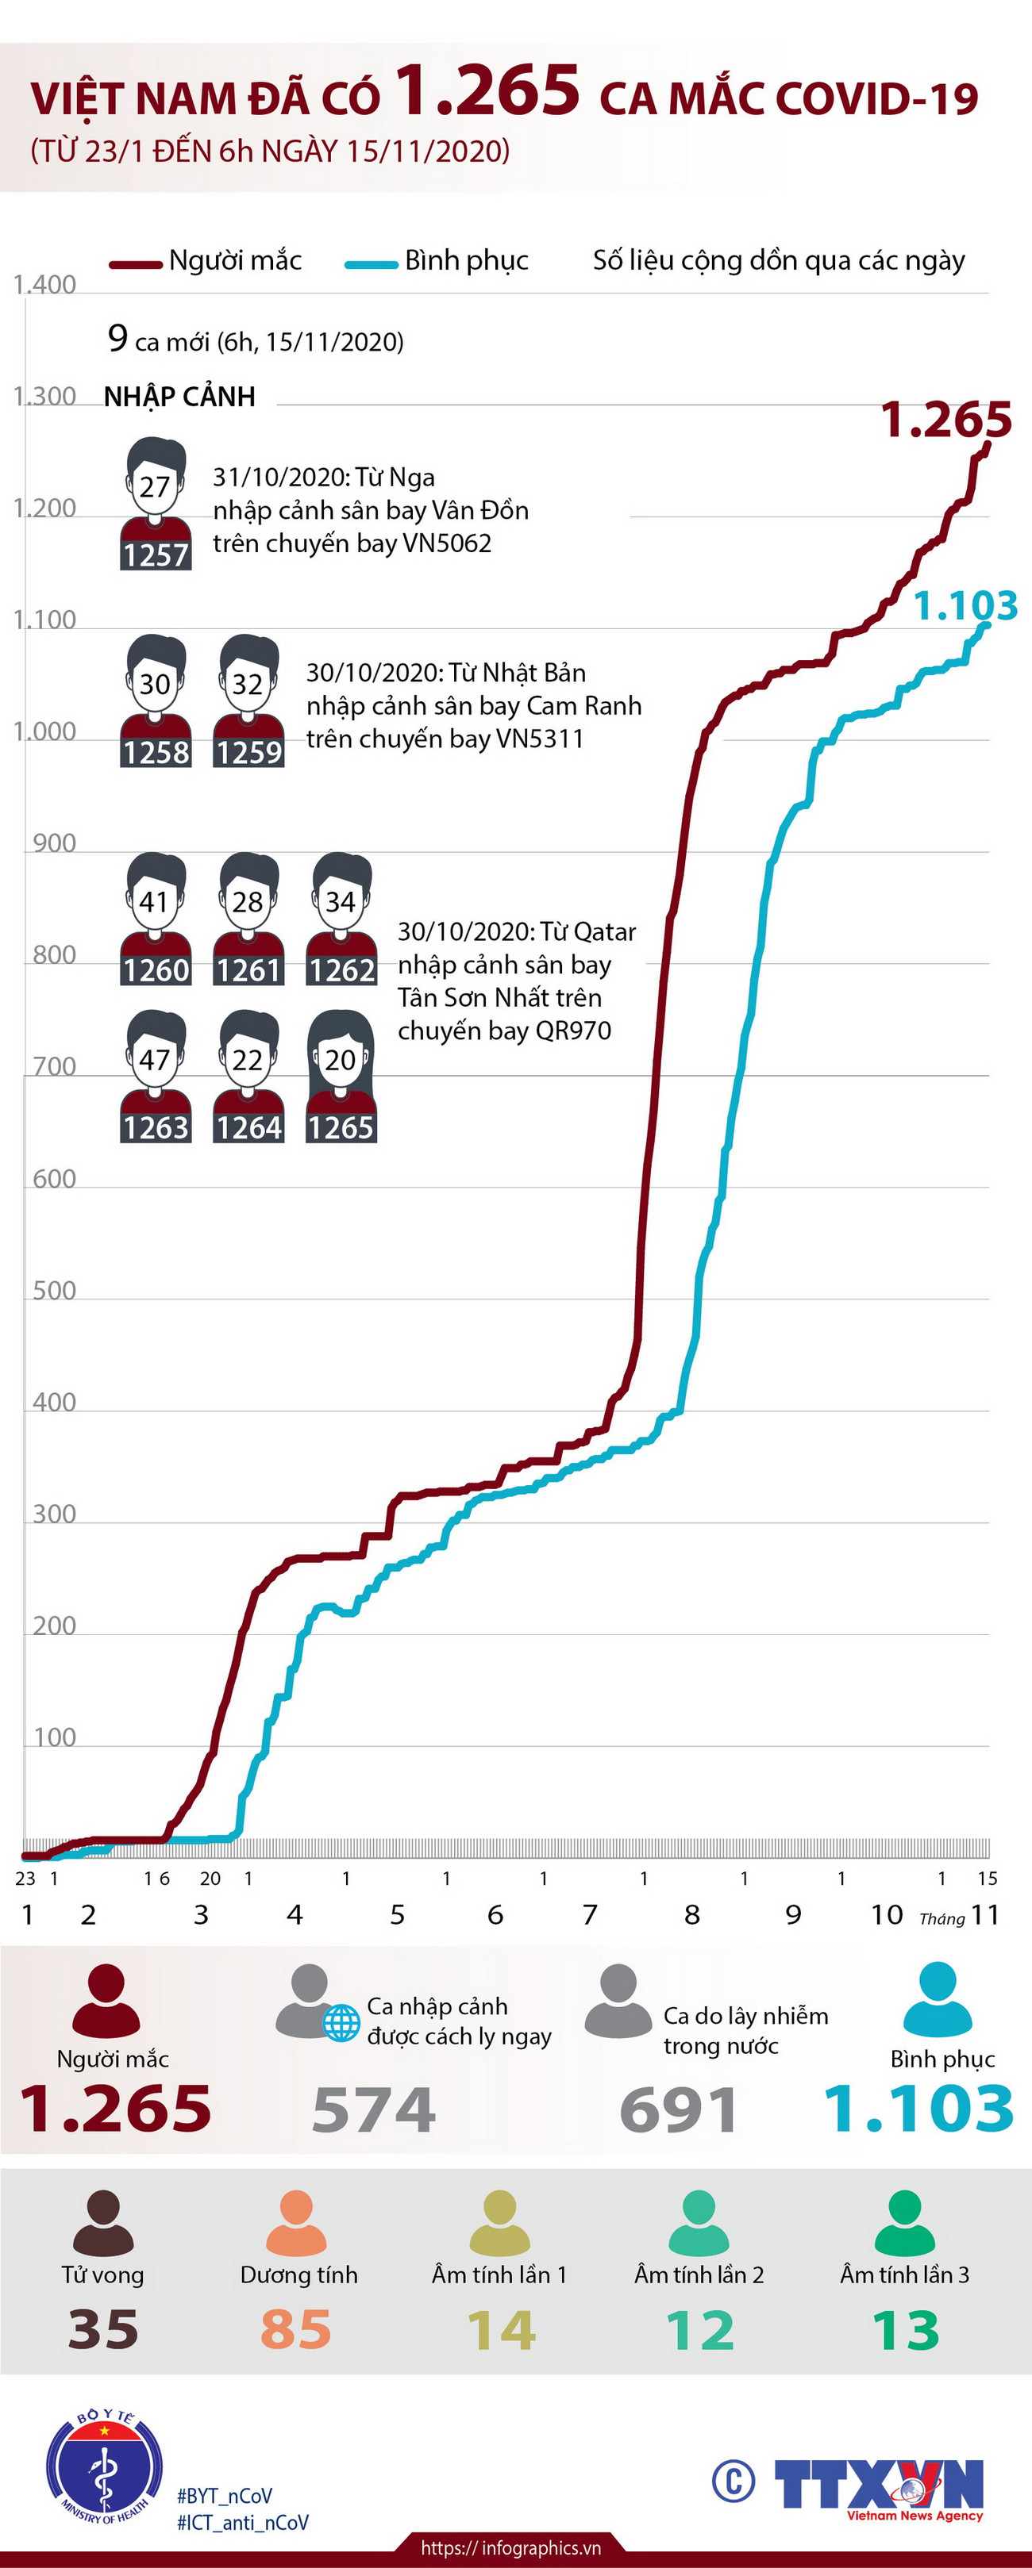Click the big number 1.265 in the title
coord(487,90)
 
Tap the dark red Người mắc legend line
coord(136,264)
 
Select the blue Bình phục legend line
coord(371,264)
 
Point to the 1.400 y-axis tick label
coord(45,285)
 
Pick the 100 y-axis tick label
coord(55,1737)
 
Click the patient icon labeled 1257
coord(156,505)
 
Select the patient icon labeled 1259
coord(248,701)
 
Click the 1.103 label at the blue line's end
coord(965,605)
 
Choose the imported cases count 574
coord(374,2109)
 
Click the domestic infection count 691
coord(679,2109)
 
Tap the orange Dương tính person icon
coord(296,2224)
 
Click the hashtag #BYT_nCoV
coord(225,2495)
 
